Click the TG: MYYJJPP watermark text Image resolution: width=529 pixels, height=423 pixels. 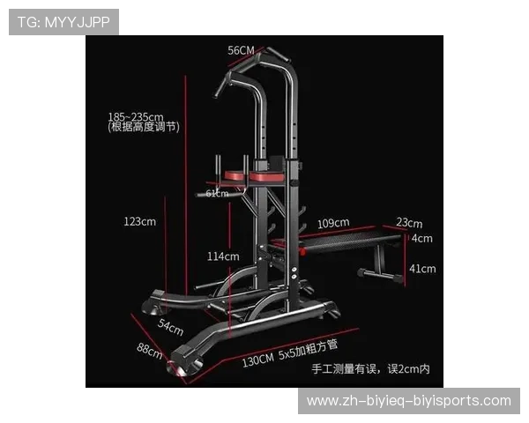click(x=63, y=22)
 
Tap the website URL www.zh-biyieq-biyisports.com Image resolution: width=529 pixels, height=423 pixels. click(x=409, y=401)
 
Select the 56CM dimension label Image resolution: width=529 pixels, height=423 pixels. click(x=241, y=50)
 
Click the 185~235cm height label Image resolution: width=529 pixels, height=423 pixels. click(x=136, y=116)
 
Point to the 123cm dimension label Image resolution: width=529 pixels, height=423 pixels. click(x=139, y=221)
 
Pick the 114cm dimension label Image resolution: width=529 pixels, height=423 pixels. click(x=223, y=256)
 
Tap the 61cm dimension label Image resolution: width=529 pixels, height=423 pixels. click(x=217, y=193)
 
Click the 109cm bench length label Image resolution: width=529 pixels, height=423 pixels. click(x=333, y=223)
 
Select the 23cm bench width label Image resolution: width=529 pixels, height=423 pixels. click(x=409, y=223)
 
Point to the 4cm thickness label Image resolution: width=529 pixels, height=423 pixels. click(x=421, y=239)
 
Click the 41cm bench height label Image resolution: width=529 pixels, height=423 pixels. click(x=422, y=269)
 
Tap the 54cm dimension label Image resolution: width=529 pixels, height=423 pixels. click(x=170, y=327)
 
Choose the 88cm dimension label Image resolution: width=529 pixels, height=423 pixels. click(x=150, y=351)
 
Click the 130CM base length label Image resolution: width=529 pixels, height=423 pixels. click(x=258, y=360)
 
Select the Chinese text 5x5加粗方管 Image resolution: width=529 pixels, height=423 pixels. click(x=308, y=350)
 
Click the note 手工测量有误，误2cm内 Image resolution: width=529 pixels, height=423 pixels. click(x=371, y=369)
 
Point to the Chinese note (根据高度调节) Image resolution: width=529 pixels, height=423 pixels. click(x=144, y=127)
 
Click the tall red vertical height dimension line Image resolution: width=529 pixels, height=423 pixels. click(x=185, y=186)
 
